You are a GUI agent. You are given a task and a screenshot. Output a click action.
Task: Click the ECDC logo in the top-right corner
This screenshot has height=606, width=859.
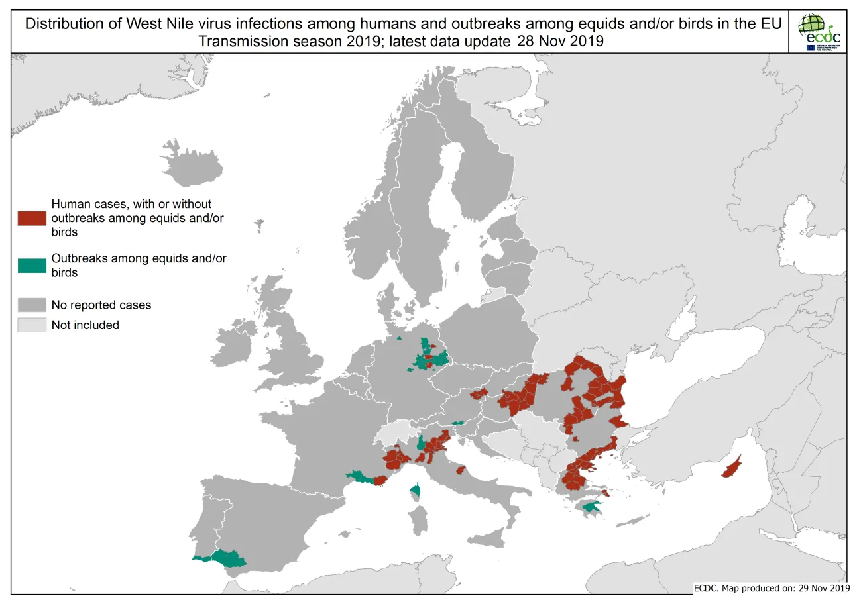[x=819, y=32]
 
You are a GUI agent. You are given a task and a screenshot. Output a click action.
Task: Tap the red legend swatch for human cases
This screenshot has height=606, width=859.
[x=32, y=218]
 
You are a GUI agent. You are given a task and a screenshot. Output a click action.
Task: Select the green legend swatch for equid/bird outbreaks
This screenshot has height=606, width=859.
[x=32, y=265]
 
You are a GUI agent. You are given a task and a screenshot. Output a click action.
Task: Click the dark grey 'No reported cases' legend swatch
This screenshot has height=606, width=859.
[x=32, y=305]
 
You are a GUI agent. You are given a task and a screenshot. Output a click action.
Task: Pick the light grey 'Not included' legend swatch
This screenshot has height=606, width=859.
[x=32, y=325]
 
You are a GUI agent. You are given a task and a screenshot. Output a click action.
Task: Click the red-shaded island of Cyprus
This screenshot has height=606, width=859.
[x=731, y=468]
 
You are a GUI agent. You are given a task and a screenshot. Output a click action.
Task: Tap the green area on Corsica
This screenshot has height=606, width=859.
[x=415, y=491]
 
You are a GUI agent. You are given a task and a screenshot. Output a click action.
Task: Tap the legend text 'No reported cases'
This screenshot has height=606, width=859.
[x=101, y=305]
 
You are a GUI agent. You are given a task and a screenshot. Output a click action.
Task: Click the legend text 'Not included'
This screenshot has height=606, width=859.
[x=86, y=325]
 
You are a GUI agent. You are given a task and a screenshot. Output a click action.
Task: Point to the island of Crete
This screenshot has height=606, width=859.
[x=628, y=521]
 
